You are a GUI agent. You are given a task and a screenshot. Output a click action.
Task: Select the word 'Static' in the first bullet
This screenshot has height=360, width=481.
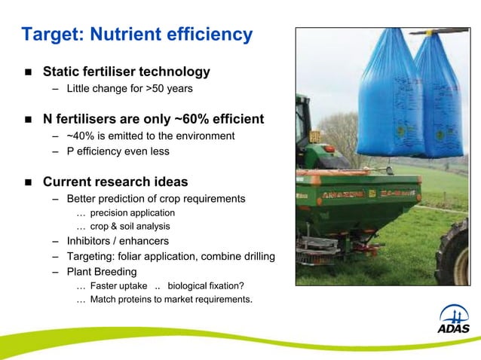[x=63, y=72]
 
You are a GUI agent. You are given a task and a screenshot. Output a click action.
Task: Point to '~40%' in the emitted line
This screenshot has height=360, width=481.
[x=81, y=136]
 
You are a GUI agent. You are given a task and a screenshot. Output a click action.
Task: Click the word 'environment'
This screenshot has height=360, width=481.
[x=203, y=136]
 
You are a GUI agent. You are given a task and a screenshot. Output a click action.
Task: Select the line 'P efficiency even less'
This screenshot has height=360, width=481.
[x=118, y=151]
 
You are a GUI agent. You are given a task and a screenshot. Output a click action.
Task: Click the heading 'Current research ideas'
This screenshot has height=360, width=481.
[x=115, y=182]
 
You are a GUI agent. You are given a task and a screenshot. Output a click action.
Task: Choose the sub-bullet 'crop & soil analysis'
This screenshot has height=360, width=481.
[x=130, y=227]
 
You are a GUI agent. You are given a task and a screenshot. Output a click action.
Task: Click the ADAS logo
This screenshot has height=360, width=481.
[x=453, y=319]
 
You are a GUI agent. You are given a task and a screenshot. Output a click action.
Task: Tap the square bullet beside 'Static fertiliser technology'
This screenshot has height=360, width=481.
[x=28, y=73]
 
